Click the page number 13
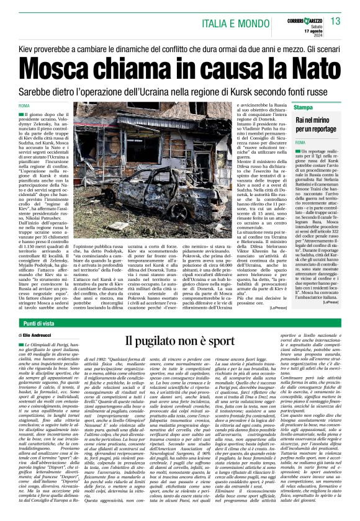pyautogui.click(x=336, y=22)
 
